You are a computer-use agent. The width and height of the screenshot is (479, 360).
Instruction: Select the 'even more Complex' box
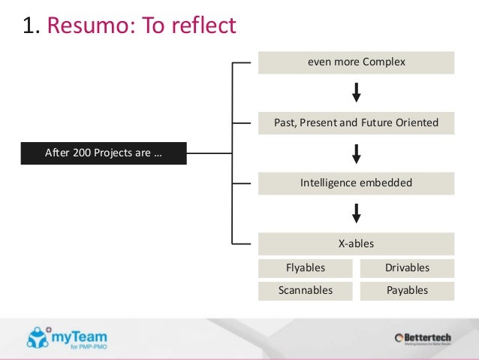(356, 62)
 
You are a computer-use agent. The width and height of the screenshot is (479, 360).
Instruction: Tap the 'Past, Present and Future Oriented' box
(356, 123)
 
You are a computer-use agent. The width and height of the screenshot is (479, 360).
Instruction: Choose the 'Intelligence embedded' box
(356, 183)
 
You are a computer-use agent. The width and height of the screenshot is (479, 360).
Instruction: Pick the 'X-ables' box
(356, 244)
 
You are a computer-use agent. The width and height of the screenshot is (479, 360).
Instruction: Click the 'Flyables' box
(306, 268)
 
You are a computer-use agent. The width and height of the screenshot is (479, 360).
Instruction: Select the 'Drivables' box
(407, 268)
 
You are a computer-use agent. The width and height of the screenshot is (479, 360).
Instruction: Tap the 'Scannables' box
(306, 290)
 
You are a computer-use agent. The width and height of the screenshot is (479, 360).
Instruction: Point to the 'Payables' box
(407, 290)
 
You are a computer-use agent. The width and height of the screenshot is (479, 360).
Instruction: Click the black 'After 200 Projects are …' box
(104, 155)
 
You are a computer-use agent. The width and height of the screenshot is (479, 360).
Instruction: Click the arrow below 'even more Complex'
(357, 92)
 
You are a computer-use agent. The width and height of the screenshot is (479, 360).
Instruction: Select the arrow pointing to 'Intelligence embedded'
(357, 153)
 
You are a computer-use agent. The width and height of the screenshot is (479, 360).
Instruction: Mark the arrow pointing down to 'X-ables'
(357, 213)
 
